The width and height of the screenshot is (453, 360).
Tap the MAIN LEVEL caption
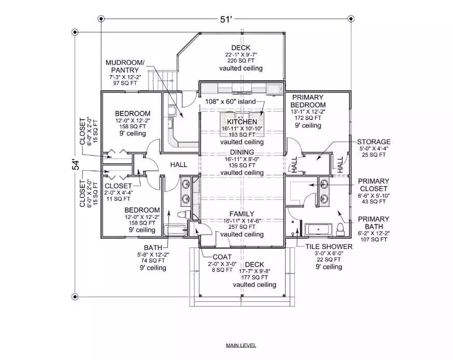[240, 345]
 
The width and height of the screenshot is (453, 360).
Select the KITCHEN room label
[242, 121]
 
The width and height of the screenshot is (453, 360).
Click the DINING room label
[242, 153]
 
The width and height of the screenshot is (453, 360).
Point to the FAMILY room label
[242, 214]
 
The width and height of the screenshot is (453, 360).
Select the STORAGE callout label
[373, 142]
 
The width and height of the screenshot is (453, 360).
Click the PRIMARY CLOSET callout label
[373, 185]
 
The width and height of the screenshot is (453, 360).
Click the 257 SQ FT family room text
[242, 227]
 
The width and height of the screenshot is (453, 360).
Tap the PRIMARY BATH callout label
[373, 223]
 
